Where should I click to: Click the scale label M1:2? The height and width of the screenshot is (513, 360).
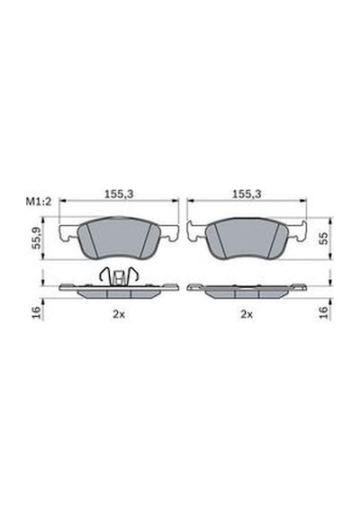(39, 202)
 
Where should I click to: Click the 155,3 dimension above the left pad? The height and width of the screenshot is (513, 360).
(119, 194)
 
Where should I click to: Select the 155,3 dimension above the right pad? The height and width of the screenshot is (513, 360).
(247, 194)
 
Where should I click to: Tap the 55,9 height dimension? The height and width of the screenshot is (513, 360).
(38, 238)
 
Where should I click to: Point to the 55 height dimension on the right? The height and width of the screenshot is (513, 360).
(323, 238)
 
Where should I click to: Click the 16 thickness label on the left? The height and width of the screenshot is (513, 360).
(37, 312)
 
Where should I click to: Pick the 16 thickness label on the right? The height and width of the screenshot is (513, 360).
(323, 312)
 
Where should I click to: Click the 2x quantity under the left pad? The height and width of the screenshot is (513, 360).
(119, 314)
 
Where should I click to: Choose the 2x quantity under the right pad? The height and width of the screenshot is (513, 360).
(247, 314)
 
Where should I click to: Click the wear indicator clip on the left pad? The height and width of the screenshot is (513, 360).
(119, 275)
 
